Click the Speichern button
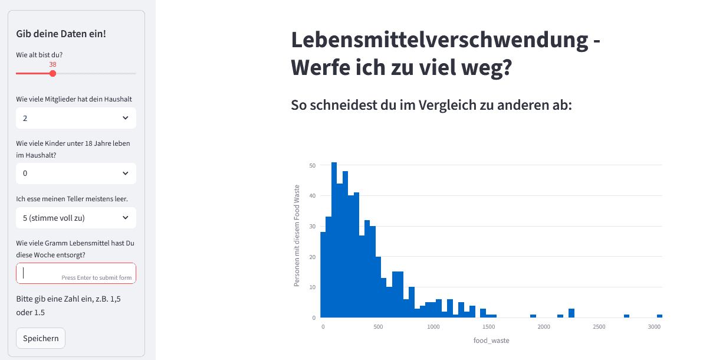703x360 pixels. pos(41,338)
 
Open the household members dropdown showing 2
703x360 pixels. pos(76,118)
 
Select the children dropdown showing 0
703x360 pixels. pos(76,174)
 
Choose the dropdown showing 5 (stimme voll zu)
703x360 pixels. pos(76,218)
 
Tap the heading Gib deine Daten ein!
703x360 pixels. pos(61,34)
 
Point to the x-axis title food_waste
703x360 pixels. pos(491,341)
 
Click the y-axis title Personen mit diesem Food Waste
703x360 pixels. pos(297,235)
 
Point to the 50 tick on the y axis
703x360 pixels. pos(312,165)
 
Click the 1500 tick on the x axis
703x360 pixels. pos(488,326)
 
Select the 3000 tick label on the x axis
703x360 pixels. pos(653,326)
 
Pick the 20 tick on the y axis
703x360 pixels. pos(312,257)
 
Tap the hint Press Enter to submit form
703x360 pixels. pos(96,277)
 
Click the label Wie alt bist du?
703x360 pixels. pos(40,55)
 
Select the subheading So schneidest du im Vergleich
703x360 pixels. pos(432,105)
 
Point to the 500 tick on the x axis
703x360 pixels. pos(378,326)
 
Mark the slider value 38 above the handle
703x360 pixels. pos(52,64)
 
